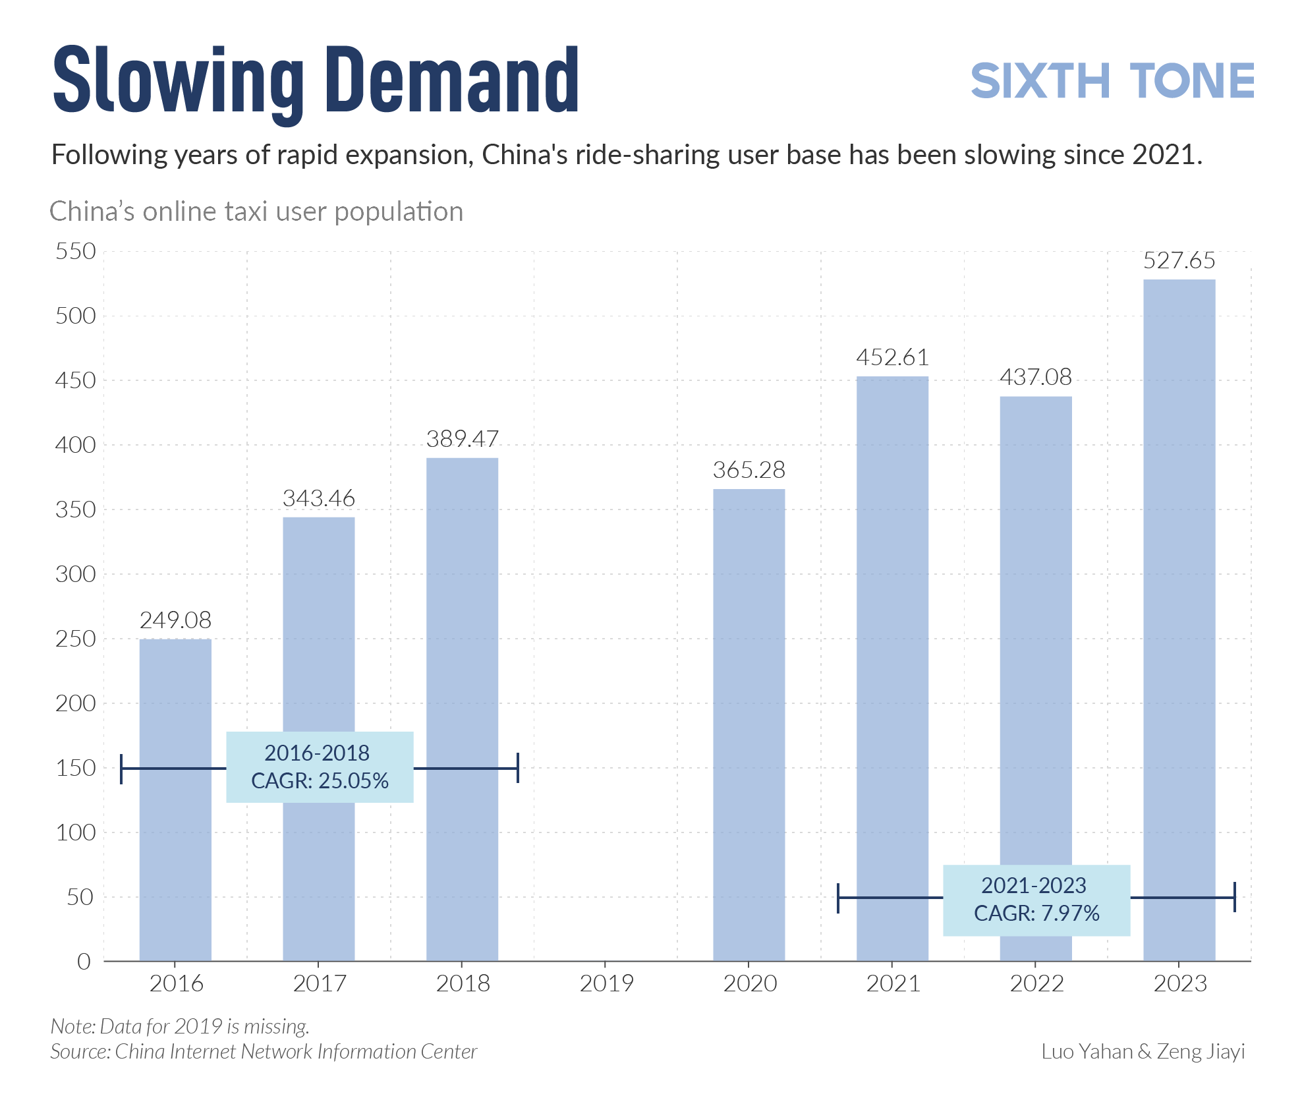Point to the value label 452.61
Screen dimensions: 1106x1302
pos(892,357)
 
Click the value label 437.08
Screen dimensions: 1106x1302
pos(1035,377)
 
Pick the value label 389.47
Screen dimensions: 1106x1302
pos(462,439)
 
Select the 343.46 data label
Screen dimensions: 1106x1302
pos(319,498)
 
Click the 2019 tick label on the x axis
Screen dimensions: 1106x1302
pos(606,983)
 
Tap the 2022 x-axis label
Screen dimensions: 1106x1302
pos(1036,983)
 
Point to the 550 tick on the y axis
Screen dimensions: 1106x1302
pos(76,251)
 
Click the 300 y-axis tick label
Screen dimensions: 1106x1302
pos(76,574)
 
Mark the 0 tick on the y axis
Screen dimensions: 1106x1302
pos(84,962)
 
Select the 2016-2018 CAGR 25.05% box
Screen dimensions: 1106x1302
pos(320,767)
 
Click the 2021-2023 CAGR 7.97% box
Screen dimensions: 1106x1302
pos(1036,900)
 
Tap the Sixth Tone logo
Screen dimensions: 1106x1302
pos(1112,82)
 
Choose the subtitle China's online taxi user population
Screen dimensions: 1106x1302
pos(256,212)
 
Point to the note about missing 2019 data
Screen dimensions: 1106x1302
pos(180,1026)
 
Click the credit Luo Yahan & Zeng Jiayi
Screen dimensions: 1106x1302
pos(1143,1051)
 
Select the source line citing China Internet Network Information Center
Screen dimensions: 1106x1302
pos(264,1051)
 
